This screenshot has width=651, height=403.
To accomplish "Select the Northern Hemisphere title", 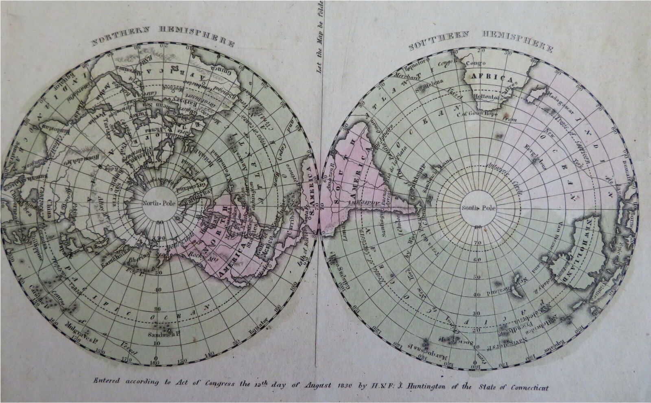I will point(162,36).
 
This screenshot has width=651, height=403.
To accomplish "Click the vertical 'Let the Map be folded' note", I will point(320,37).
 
